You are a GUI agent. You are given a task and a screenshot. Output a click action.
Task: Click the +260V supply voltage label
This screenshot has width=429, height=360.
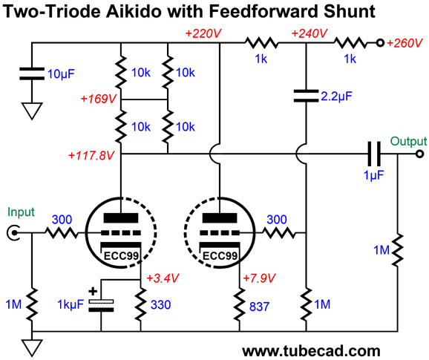click(x=405, y=43)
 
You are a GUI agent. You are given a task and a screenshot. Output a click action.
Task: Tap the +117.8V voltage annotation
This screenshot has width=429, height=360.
click(x=91, y=155)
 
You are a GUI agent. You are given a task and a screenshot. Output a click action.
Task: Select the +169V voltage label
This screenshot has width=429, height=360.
click(x=99, y=99)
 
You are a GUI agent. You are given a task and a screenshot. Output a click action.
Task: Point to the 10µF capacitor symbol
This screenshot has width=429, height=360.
click(x=32, y=74)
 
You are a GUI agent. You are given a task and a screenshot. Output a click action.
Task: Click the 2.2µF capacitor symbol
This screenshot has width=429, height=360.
click(x=306, y=96)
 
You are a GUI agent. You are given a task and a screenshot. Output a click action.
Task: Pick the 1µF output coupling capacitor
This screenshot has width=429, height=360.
click(x=374, y=154)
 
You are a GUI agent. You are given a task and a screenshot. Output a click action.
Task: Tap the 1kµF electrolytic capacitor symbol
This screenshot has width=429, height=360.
click(x=101, y=305)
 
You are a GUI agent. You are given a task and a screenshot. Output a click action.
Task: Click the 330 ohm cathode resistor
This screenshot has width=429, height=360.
click(x=140, y=304)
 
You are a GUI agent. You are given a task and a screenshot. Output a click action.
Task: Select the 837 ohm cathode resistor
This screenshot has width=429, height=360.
click(x=240, y=304)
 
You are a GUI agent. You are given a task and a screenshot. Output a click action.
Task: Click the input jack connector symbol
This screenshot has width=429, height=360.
click(x=13, y=233)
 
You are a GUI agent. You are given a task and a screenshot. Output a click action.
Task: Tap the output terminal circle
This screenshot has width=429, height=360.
click(x=419, y=154)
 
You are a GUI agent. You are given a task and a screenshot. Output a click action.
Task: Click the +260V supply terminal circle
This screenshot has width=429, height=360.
click(x=380, y=43)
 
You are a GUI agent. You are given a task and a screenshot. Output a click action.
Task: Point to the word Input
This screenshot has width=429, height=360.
click(x=21, y=212)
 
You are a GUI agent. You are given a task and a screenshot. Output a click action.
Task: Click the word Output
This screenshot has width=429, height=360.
click(x=408, y=141)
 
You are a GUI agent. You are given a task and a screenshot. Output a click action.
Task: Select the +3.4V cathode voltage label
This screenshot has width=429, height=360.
click(x=163, y=278)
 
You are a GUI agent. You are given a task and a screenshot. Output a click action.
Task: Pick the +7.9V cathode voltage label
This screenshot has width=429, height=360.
click(x=259, y=278)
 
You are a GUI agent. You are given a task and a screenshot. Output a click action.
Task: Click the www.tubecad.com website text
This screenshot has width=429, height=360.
click(x=311, y=350)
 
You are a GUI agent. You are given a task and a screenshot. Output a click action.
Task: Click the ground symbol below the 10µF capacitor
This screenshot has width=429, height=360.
click(x=32, y=111)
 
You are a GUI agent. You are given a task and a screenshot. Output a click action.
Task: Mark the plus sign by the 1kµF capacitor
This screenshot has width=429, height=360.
click(x=93, y=291)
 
